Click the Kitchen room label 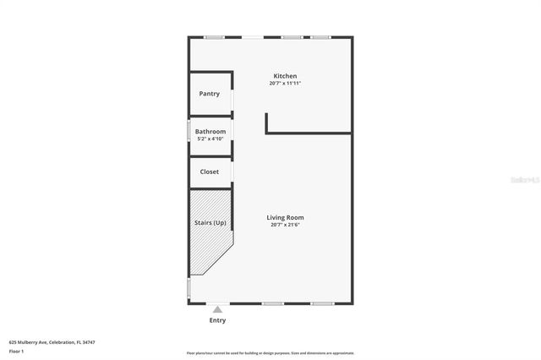tap(284, 76)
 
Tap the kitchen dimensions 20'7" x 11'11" tap(286, 84)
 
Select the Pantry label tap(209, 94)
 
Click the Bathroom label tap(210, 132)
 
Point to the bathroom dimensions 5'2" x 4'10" tap(210, 139)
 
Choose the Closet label tap(209, 172)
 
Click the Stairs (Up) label tap(210, 223)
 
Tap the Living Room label tap(286, 217)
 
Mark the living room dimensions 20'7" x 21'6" tap(286, 225)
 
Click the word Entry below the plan tap(217, 320)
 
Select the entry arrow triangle tap(217, 310)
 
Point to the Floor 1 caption tap(16, 351)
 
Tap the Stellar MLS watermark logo tap(525, 180)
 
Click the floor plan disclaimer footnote tap(270, 353)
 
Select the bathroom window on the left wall tap(189, 132)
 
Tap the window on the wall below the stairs tap(189, 288)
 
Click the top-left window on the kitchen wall tap(214, 36)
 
